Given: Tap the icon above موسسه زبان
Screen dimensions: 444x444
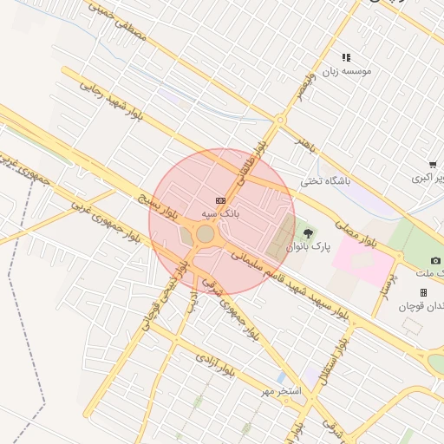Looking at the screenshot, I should pos(346,57).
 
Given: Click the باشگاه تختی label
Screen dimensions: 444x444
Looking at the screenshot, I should pos(326,181).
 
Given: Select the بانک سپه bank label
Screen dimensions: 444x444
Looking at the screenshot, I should pos(220,212).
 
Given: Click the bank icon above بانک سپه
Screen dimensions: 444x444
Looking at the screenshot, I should pos(220,200).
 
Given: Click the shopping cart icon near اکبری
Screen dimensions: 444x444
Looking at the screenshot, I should pos(433,165).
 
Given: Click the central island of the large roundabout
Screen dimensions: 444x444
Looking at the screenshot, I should pos(206,234).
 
